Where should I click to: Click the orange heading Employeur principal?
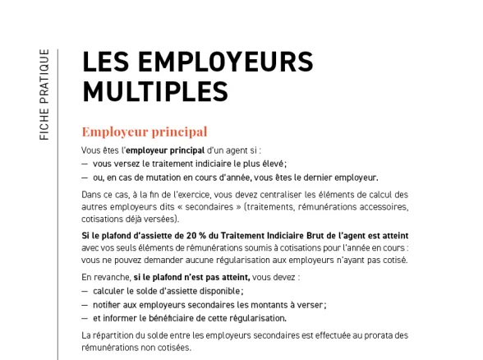144,132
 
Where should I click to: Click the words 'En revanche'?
105,279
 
